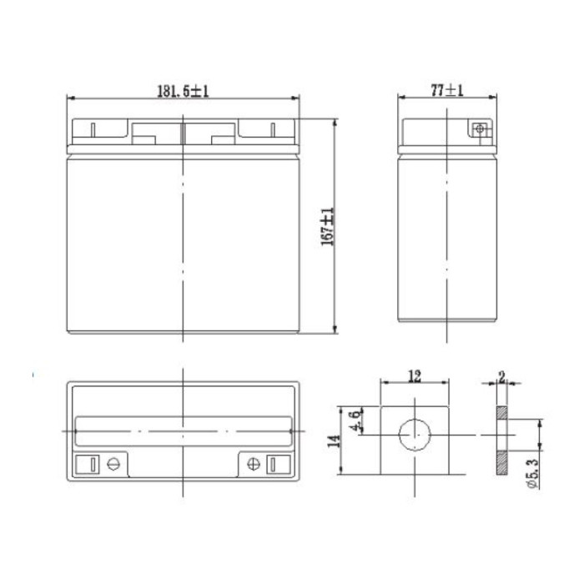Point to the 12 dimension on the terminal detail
413,376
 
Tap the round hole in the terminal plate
414,435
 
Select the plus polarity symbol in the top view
251,464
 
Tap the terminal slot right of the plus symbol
274,464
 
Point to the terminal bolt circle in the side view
479,129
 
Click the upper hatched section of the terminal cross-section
500,413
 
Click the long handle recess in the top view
182,430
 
